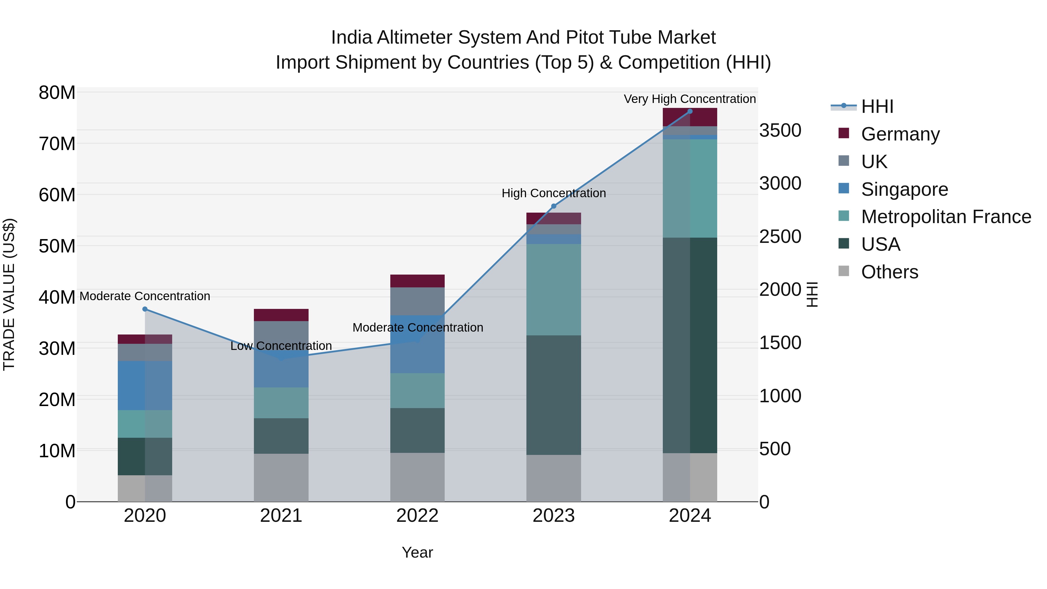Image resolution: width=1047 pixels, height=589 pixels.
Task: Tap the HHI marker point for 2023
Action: tap(553, 207)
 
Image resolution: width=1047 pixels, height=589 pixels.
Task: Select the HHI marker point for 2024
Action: tap(690, 111)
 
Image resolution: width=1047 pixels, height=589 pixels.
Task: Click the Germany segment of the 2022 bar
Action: tap(417, 281)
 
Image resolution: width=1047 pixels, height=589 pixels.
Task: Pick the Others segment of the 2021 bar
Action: tap(281, 478)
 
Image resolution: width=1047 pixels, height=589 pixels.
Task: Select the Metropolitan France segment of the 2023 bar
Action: tap(553, 289)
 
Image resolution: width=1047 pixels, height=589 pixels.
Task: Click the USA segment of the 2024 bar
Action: tap(690, 346)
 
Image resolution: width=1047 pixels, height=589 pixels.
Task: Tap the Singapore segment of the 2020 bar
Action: tap(145, 385)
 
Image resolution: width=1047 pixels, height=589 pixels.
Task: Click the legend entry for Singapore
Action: tap(904, 189)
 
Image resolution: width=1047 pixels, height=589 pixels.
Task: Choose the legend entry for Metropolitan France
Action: tap(945, 217)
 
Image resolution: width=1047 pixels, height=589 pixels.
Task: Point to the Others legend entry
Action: tap(889, 272)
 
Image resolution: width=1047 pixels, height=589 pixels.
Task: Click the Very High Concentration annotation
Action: tap(690, 99)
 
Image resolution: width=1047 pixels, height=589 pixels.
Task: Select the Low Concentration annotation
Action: tap(281, 346)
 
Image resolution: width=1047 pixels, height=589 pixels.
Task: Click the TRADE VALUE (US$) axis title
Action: tap(9, 294)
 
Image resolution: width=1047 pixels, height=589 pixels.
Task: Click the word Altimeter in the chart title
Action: tap(414, 38)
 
